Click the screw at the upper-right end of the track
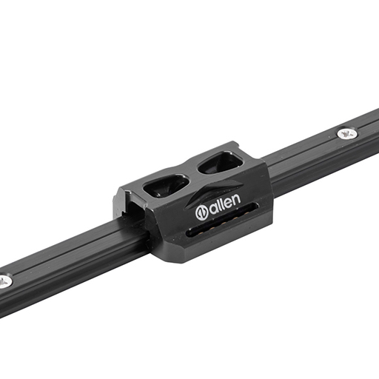coord(348,133)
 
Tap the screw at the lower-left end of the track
coord(4,281)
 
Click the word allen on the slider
coord(218,207)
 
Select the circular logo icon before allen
coord(202,212)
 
